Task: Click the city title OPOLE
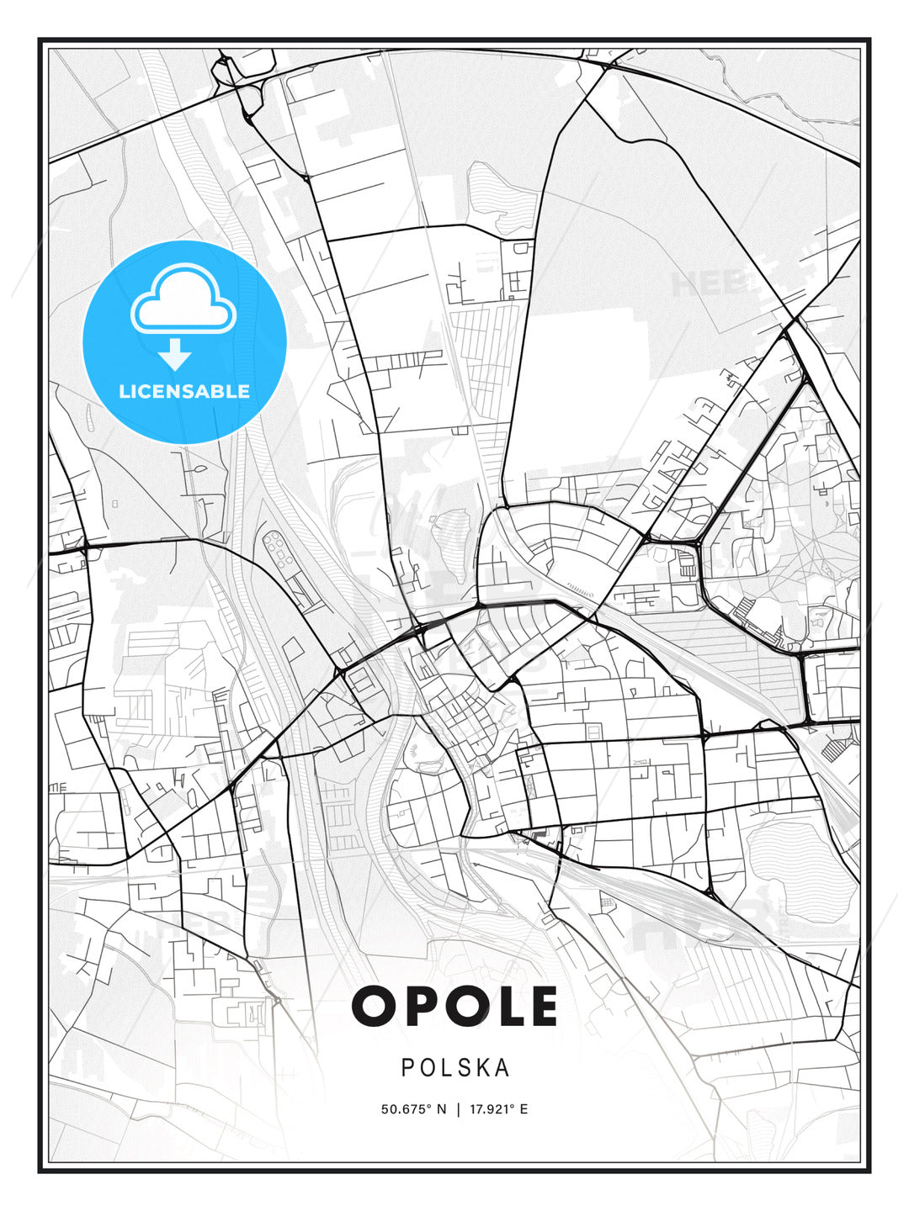(454, 1006)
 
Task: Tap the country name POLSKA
(455, 1067)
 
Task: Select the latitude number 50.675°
(407, 1109)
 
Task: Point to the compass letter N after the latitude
(442, 1109)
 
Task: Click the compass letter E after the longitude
(524, 1109)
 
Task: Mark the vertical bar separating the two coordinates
(458, 1109)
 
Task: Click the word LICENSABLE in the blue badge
(184, 391)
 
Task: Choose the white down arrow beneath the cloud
(175, 354)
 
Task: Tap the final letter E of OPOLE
(542, 1006)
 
